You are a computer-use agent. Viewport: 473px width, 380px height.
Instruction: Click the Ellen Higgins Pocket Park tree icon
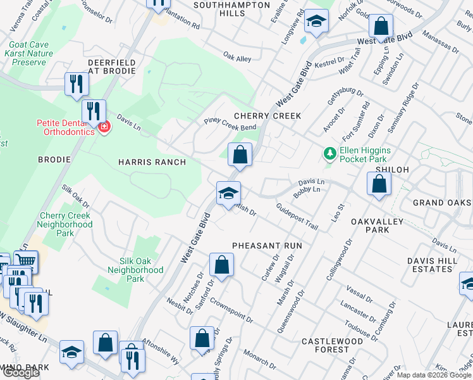pos(329,154)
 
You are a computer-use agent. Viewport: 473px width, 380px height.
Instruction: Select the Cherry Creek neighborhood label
pos(267,116)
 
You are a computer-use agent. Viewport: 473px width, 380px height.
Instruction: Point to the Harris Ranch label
pos(152,162)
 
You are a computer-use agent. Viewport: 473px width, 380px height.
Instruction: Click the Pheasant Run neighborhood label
pos(267,245)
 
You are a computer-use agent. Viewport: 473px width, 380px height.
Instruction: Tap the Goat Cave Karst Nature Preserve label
pos(32,54)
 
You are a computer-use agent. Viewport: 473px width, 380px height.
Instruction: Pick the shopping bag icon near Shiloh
pos(379,184)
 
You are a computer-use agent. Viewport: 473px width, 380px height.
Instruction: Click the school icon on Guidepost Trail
pos(228,193)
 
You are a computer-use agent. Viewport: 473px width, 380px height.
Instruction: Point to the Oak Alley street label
pos(237,59)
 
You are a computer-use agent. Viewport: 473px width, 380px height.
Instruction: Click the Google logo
pos(21,373)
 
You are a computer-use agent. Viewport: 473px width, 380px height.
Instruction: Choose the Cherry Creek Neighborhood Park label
pos(66,224)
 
